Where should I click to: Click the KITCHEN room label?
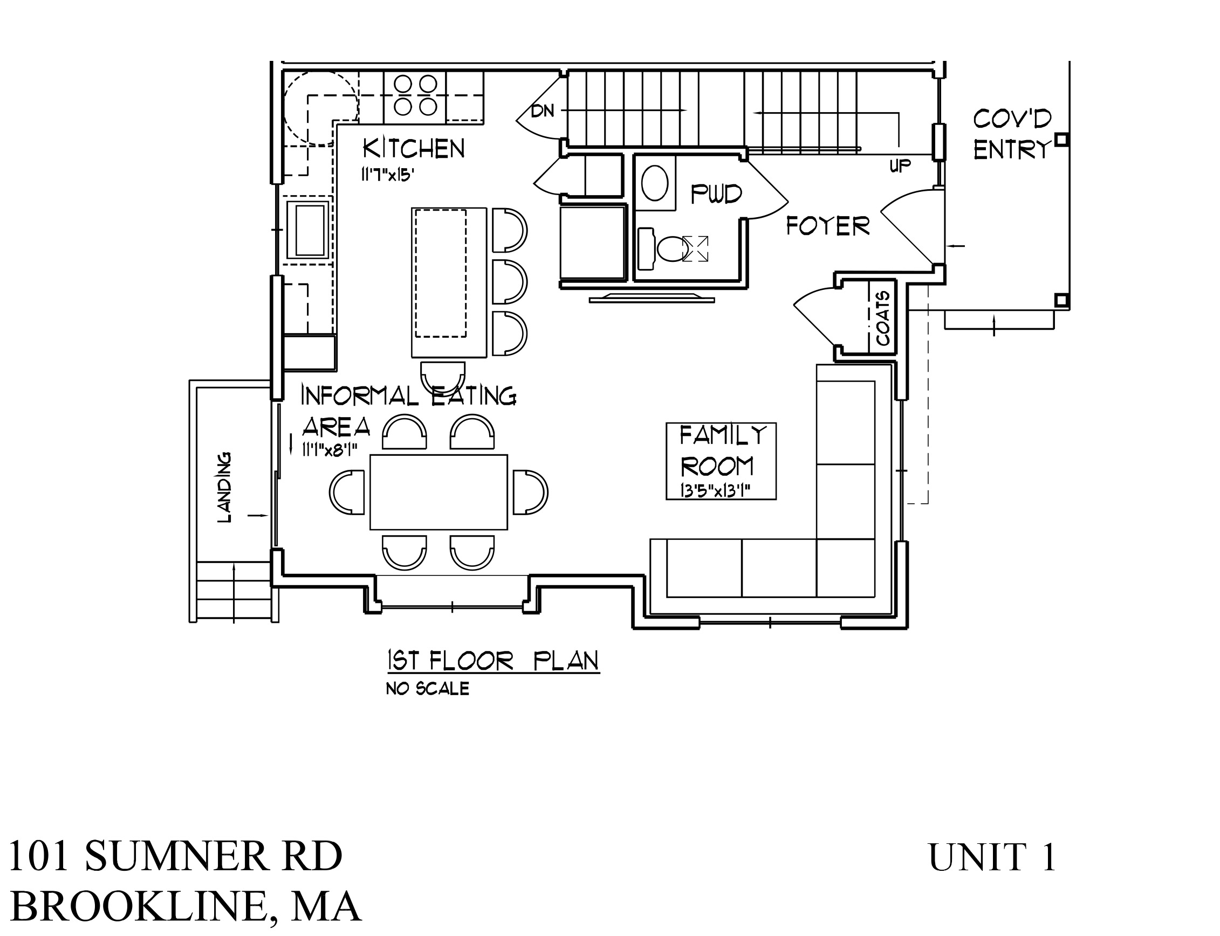413,149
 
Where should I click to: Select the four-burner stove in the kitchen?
414,96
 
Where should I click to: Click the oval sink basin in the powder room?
655,183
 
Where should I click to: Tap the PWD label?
716,195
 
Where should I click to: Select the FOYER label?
827,226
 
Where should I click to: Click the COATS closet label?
882,318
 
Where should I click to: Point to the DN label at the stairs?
542,112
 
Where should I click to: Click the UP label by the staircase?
900,165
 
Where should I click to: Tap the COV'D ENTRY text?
1012,134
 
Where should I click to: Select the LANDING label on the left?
224,487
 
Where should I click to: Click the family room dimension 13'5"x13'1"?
715,490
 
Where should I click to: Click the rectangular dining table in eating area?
438,491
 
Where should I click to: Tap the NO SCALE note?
427,689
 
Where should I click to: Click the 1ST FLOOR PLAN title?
493,661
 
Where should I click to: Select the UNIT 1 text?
992,857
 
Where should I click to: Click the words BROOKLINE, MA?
185,906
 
